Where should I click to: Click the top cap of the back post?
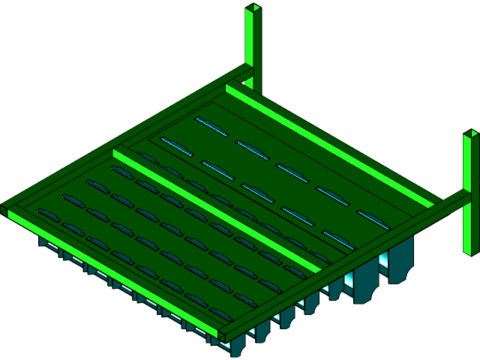(253, 8)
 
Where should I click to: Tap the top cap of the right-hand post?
(470, 134)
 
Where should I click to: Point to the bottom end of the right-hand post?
(470, 252)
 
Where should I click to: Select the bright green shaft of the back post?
(250, 37)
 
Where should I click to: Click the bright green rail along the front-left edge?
(112, 274)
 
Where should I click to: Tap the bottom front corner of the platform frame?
(223, 334)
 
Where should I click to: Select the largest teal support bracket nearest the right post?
(401, 259)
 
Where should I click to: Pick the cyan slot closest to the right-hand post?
(373, 219)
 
